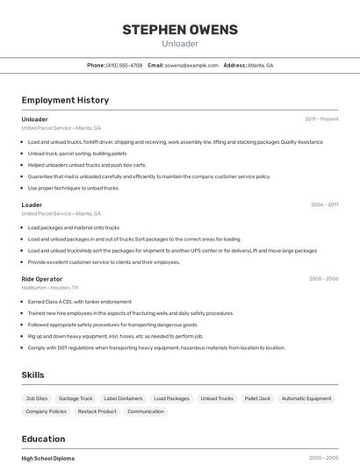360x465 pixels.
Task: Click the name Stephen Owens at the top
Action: pyautogui.click(x=180, y=30)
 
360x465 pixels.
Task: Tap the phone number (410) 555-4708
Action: pyautogui.click(x=124, y=65)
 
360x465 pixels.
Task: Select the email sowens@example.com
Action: pyautogui.click(x=191, y=65)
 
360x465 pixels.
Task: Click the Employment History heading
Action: pyautogui.click(x=65, y=100)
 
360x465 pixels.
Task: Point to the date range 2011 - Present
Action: pyautogui.click(x=321, y=119)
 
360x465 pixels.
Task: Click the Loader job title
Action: pyautogui.click(x=32, y=205)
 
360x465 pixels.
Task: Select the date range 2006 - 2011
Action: pyautogui.click(x=324, y=205)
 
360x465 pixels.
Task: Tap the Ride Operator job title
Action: pyautogui.click(x=42, y=279)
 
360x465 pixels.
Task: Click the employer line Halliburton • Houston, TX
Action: pyautogui.click(x=50, y=288)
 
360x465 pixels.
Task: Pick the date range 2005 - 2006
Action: pyautogui.click(x=323, y=279)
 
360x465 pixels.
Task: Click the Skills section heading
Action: pyautogui.click(x=32, y=375)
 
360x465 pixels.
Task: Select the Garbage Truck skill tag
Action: pyautogui.click(x=76, y=398)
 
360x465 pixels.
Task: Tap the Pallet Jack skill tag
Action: pyautogui.click(x=257, y=398)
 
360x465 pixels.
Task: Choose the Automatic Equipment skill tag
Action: pyautogui.click(x=306, y=398)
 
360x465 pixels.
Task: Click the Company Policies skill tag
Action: pyautogui.click(x=46, y=411)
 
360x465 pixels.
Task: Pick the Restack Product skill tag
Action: pyautogui.click(x=97, y=411)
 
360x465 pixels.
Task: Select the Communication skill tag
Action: pyautogui.click(x=146, y=411)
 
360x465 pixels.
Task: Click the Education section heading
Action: pyautogui.click(x=43, y=439)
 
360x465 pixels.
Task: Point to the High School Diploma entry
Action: pyautogui.click(x=48, y=458)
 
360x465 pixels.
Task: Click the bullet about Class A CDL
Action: pyautogui.click(x=79, y=302)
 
